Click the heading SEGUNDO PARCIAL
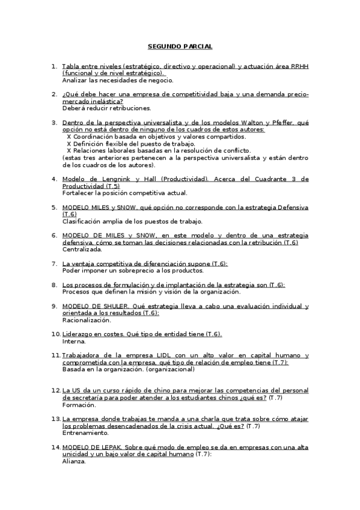tap(180, 46)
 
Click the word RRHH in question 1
tap(299, 66)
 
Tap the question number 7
tap(54, 263)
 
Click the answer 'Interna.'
tap(74, 341)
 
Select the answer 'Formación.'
tap(79, 405)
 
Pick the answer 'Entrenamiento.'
tap(85, 433)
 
